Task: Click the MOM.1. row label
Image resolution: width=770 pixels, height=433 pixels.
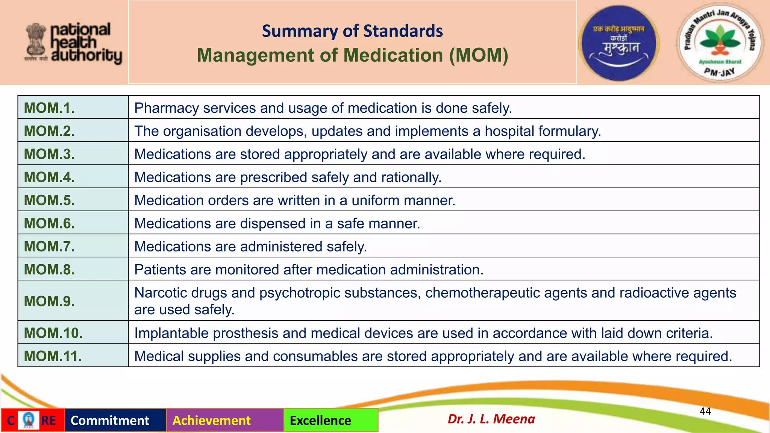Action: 49,108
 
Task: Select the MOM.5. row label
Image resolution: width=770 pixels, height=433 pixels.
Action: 49,200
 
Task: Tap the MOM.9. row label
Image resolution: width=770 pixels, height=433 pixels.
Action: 49,301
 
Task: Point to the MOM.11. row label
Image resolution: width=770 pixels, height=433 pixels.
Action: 53,356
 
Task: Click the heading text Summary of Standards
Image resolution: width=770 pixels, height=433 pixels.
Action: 352,31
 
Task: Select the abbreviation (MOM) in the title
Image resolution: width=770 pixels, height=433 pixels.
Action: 479,55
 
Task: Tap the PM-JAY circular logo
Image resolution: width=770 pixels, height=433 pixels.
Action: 720,42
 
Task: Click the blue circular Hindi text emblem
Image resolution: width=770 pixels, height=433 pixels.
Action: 619,43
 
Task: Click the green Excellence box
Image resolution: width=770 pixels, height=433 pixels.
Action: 330,420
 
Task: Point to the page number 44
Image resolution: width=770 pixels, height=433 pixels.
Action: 705,411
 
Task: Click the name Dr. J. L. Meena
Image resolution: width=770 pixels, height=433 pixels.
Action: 491,419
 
